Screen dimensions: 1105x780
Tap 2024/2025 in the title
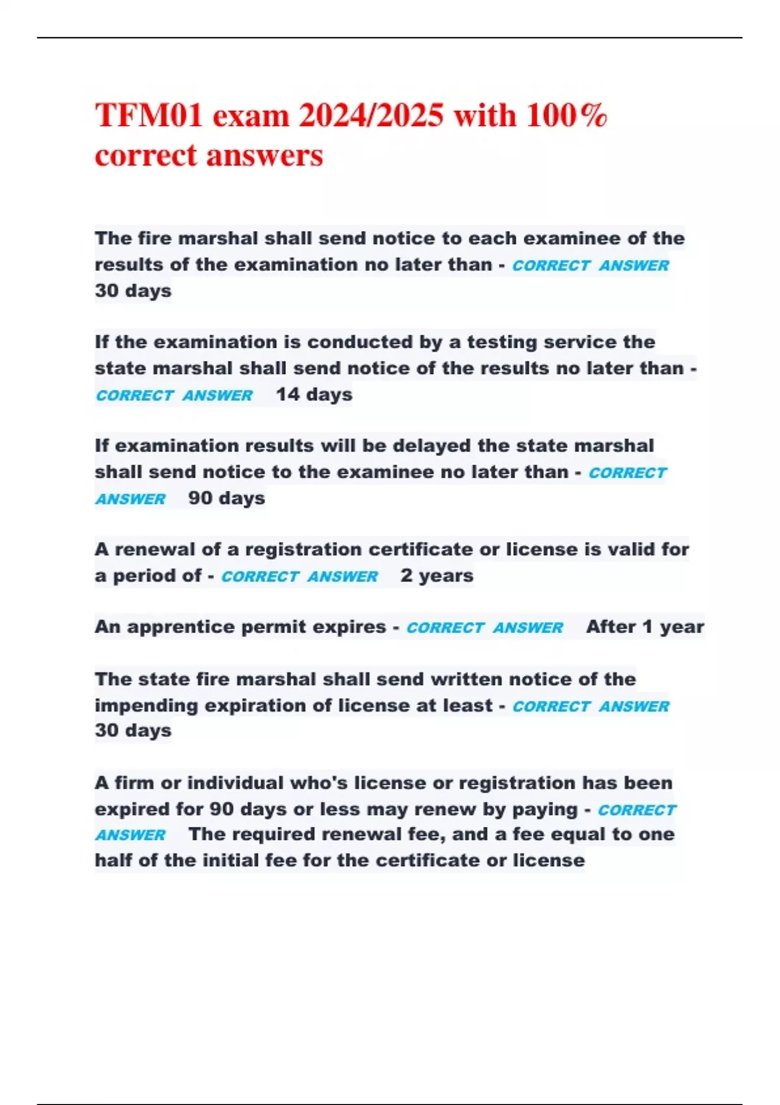[371, 116]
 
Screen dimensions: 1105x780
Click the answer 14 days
[314, 395]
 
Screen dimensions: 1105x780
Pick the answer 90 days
[226, 499]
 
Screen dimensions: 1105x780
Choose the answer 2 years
[437, 576]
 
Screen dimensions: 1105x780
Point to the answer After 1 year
[645, 627]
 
